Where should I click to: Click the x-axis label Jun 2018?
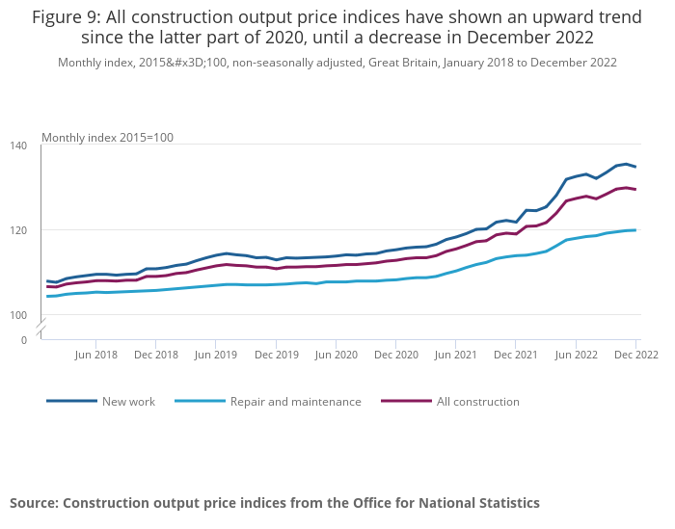96,355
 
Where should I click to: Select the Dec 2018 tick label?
156,355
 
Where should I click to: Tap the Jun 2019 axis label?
217,355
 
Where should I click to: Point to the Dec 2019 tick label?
277,355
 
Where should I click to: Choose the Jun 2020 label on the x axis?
337,355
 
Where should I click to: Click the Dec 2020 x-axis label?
396,355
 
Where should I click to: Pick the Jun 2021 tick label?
457,355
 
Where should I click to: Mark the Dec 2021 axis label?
517,355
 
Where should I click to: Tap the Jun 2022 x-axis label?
577,355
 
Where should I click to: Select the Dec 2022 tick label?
636,355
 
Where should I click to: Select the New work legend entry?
128,402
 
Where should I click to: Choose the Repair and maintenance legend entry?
295,402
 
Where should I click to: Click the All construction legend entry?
477,402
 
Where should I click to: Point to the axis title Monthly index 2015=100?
107,138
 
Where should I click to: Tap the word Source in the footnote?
33,503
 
